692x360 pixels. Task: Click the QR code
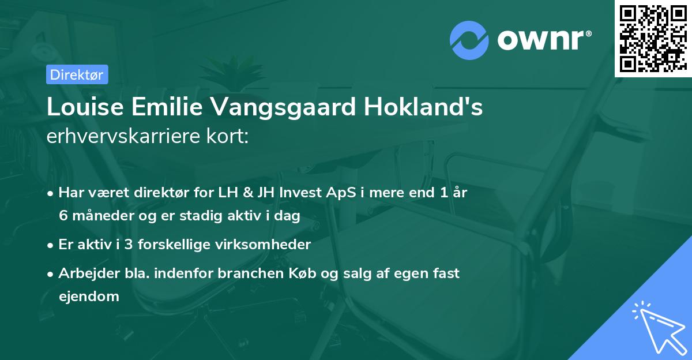click(653, 38)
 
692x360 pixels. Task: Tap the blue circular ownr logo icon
click(469, 40)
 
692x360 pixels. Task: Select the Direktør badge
click(77, 74)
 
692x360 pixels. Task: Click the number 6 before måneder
click(62, 216)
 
